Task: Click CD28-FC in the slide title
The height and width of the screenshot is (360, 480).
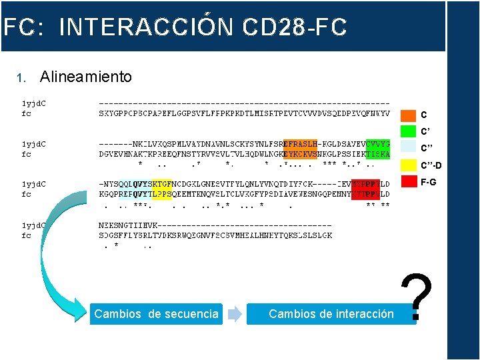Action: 295,27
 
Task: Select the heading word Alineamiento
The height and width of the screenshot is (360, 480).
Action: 86,77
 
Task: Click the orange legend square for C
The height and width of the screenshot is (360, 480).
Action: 408,115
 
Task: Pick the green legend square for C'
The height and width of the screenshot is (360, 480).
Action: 408,131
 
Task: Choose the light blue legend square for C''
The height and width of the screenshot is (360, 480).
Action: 408,147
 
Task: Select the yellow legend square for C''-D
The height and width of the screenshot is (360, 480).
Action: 408,165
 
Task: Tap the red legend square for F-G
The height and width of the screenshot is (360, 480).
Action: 408,181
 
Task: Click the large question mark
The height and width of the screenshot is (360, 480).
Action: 418,298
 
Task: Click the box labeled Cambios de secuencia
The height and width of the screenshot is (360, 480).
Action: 156,313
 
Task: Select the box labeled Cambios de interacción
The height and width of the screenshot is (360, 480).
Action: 331,313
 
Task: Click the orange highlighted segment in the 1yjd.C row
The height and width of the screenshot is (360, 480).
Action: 300,144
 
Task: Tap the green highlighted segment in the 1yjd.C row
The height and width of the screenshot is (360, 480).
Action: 378,144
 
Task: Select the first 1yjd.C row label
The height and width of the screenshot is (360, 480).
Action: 39,104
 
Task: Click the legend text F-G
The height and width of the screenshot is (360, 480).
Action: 428,181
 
